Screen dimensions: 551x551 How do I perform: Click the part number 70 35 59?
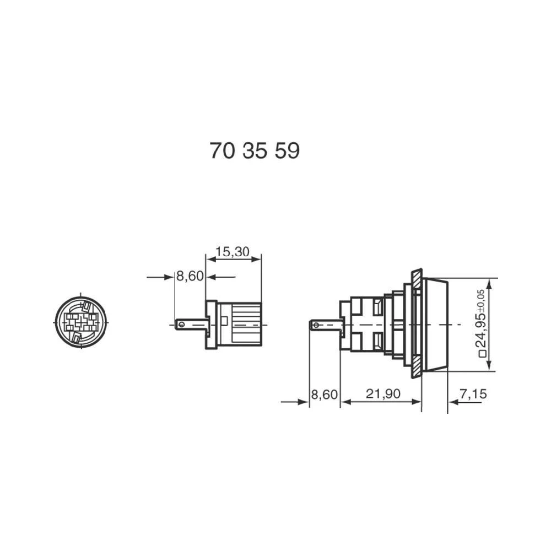coord(255,150)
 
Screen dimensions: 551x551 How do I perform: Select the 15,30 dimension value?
coord(232,252)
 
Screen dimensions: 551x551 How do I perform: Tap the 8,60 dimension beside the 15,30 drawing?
coord(190,277)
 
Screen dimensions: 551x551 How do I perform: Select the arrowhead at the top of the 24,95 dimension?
coord(490,282)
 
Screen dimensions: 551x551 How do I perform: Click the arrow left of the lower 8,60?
coord(304,402)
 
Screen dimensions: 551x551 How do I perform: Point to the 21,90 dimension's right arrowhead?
coord(417,402)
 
